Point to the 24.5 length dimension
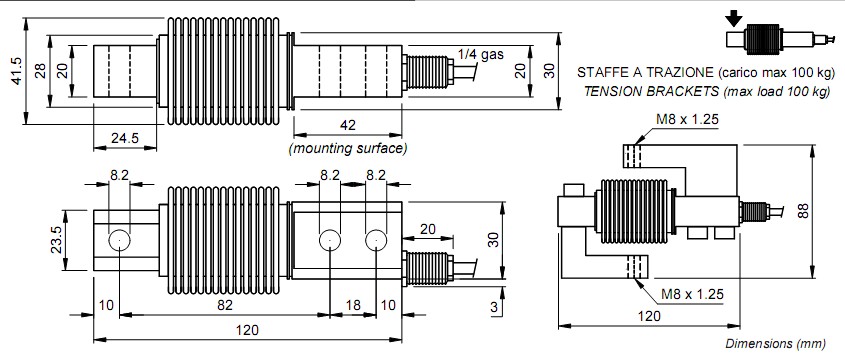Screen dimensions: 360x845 click(x=124, y=137)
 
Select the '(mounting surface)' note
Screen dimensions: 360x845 click(x=347, y=148)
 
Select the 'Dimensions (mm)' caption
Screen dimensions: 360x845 click(x=775, y=343)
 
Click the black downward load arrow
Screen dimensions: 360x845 click(x=735, y=17)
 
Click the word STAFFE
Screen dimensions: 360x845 click(x=603, y=74)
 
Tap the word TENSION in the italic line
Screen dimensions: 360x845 click(x=608, y=91)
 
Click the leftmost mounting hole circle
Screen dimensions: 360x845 click(x=119, y=240)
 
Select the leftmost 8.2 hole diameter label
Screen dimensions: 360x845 click(x=119, y=175)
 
